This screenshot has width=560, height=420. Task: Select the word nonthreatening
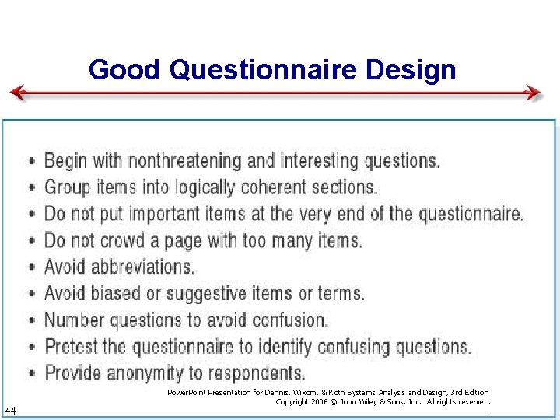click(x=184, y=161)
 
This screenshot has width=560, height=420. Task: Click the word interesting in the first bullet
click(x=315, y=161)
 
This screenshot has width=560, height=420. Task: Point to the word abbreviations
click(x=142, y=267)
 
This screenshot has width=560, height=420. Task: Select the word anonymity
click(x=147, y=373)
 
